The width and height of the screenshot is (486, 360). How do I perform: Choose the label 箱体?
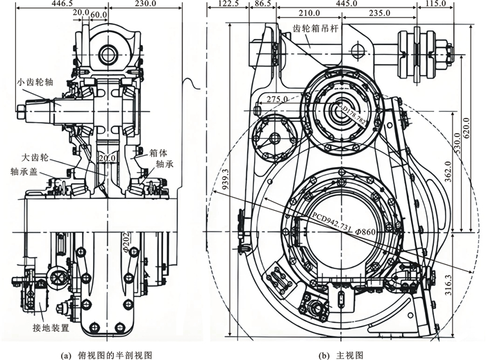(158, 155)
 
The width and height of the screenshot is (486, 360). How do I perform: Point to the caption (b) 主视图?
(340, 354)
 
